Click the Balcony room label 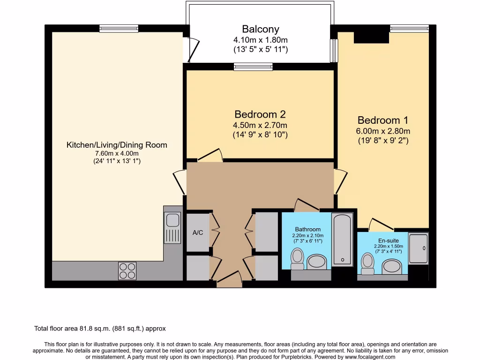[x=261, y=29]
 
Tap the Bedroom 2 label [x=260, y=114]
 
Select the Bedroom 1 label [x=382, y=120]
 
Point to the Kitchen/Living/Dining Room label [x=117, y=145]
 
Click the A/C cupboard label [x=198, y=232]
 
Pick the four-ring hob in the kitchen [x=127, y=271]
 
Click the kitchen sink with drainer [x=172, y=228]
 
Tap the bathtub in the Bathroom [x=343, y=239]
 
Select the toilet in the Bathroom [x=297, y=259]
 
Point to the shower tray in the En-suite [x=418, y=248]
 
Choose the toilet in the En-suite [x=367, y=264]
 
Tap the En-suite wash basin [x=391, y=266]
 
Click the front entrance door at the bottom [x=229, y=279]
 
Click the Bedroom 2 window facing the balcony [x=253, y=67]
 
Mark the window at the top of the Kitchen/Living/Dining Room [x=119, y=29]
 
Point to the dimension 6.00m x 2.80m [x=383, y=131]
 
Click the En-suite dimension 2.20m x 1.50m [x=389, y=246]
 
